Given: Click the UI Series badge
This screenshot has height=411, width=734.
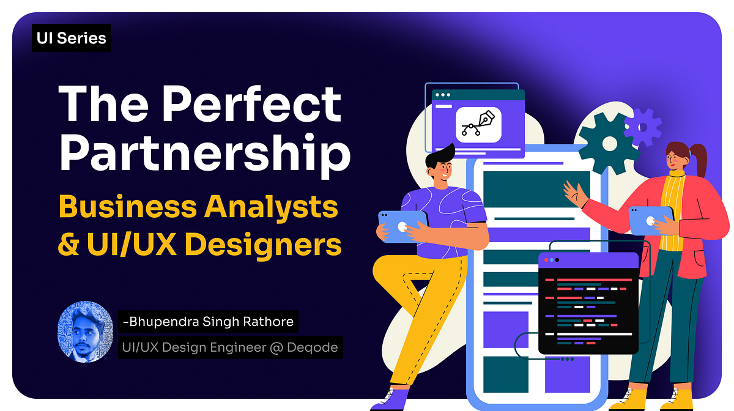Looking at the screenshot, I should [x=71, y=39].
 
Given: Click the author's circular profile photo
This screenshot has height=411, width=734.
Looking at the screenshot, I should [x=85, y=330].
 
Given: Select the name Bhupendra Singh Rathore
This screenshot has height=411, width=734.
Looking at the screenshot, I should [x=208, y=321].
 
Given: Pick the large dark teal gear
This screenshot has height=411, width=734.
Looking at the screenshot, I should [x=608, y=144].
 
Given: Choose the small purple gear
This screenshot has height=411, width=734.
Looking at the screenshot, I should [x=642, y=127].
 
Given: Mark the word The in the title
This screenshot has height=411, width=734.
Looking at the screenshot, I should [x=102, y=103].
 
